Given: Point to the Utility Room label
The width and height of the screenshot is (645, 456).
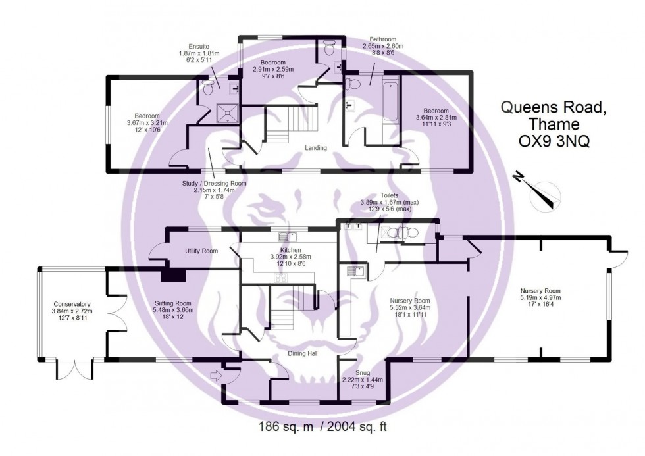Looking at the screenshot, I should pyautogui.click(x=201, y=251).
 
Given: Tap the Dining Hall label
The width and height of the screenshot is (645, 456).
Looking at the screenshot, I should pyautogui.click(x=303, y=353).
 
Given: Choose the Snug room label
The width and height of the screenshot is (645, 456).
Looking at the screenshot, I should pyautogui.click(x=363, y=372).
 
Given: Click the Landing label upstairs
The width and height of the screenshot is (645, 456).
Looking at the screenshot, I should pyautogui.click(x=316, y=148).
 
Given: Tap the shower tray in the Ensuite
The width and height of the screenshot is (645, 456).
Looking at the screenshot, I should pyautogui.click(x=228, y=111).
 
